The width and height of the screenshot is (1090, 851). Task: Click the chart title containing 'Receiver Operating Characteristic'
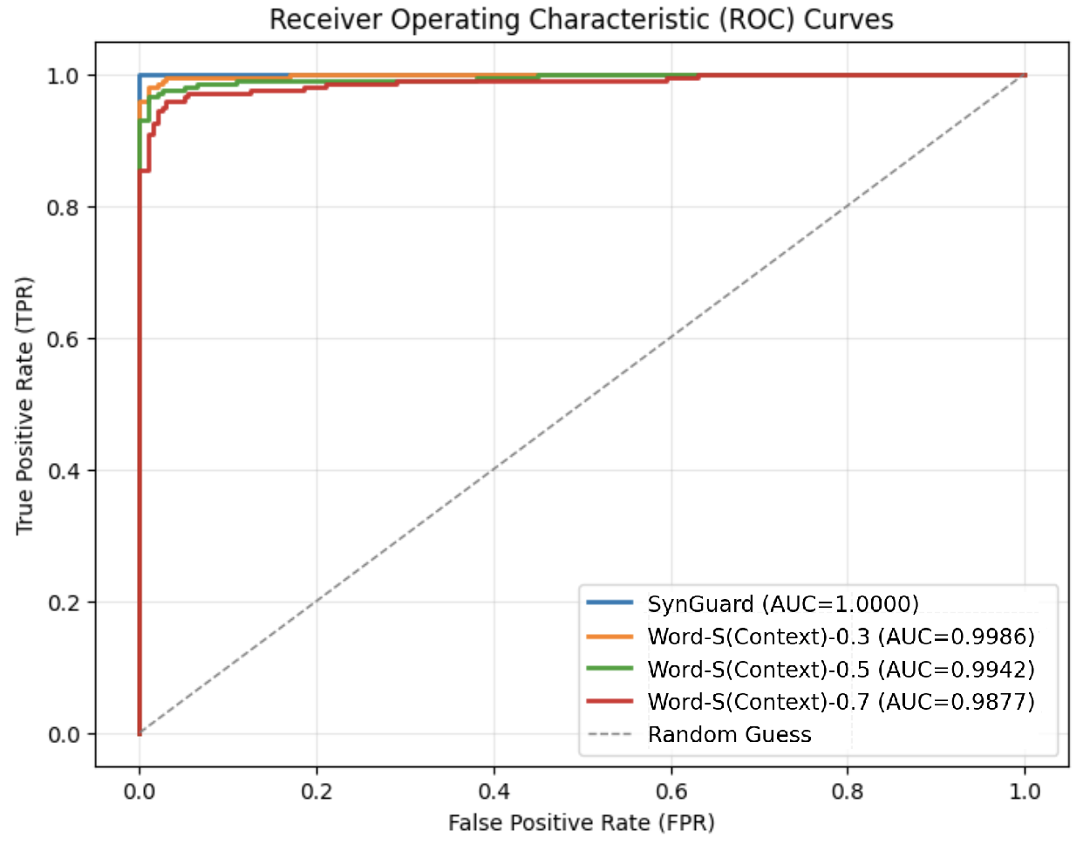coord(581,19)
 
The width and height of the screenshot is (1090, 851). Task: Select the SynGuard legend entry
coord(782,604)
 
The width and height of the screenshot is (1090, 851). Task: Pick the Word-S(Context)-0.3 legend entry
coord(841,637)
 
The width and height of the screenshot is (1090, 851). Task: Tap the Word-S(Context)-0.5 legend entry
coord(841,670)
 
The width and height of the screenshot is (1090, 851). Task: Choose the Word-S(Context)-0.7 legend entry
coord(841,702)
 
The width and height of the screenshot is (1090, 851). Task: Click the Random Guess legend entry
coord(729,735)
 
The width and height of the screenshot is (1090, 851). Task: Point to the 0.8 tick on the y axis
coord(64,208)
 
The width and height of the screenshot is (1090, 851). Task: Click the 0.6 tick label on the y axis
coord(64,339)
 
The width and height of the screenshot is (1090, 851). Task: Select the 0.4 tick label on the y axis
coord(64,471)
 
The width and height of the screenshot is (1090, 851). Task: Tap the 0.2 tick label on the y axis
coord(64,603)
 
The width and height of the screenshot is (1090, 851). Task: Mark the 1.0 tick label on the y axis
coord(64,76)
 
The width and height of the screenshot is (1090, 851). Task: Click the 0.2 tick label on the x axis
coord(317,791)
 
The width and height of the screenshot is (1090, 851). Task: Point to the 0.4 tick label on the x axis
coord(494,791)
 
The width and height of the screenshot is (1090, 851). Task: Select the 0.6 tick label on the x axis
coord(671,791)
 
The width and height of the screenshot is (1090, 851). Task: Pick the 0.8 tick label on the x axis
coord(848,791)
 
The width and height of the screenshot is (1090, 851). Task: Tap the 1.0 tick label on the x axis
coord(1025,791)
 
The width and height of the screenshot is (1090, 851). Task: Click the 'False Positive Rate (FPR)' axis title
coord(582,822)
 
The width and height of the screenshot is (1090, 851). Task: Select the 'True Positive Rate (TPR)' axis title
coord(24,405)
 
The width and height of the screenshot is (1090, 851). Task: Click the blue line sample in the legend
coord(610,603)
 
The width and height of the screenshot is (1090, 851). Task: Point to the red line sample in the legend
coord(610,701)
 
